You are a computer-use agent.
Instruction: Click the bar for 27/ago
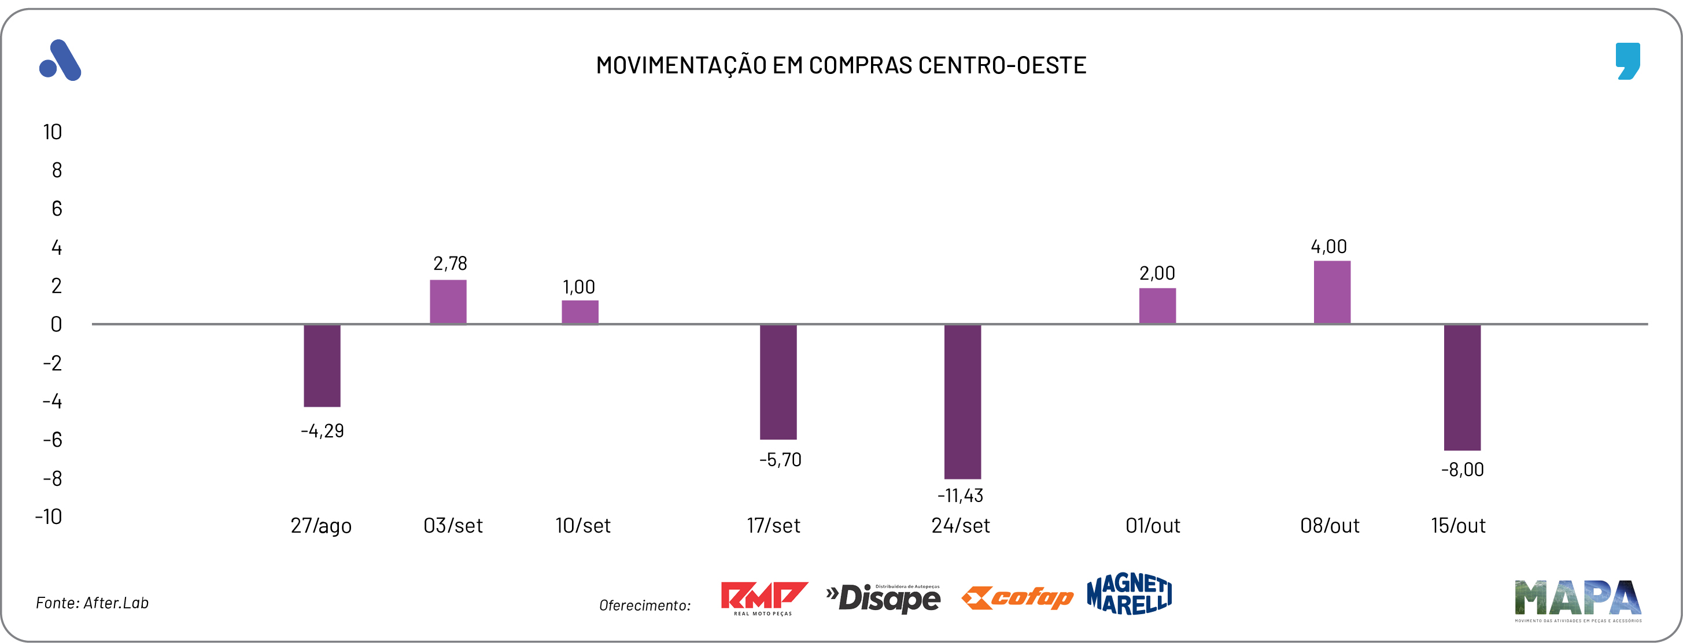click(322, 366)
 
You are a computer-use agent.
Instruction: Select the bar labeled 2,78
click(448, 302)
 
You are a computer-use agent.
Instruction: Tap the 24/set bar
click(962, 402)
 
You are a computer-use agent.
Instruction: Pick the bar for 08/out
click(1332, 292)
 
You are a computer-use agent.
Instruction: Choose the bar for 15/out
click(1462, 387)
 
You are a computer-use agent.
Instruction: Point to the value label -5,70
click(780, 459)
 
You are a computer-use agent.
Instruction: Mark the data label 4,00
click(1329, 247)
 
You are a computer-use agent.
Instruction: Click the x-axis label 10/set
click(583, 526)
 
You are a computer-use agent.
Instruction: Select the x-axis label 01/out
click(1153, 526)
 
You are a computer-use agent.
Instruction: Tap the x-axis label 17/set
click(774, 526)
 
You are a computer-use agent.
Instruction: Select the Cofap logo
click(1017, 597)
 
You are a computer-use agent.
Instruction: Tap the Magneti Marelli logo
click(1130, 594)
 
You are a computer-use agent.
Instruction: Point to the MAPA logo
click(1577, 600)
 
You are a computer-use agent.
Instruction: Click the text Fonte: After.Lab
click(92, 603)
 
